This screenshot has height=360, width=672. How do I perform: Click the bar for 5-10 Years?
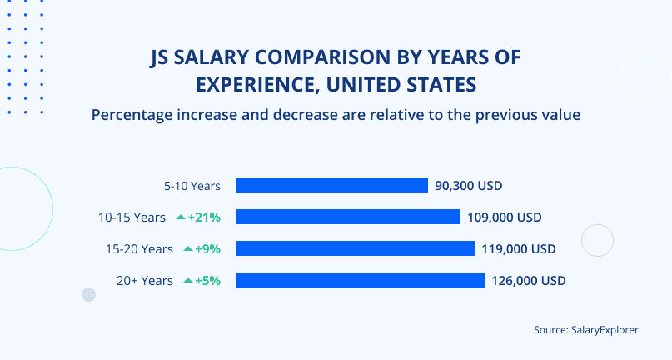(x=331, y=185)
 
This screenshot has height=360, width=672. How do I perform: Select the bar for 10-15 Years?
(x=348, y=217)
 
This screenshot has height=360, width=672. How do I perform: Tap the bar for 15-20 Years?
(x=355, y=248)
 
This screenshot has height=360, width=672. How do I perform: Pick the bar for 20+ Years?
(x=360, y=280)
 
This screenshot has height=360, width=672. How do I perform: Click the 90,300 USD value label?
(x=469, y=185)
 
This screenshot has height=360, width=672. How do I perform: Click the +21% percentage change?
(x=204, y=217)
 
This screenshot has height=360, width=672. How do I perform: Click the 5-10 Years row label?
(x=192, y=185)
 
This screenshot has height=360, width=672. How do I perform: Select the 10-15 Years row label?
(x=132, y=217)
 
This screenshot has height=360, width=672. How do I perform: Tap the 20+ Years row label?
(x=145, y=280)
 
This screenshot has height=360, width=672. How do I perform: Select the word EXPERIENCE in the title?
(x=254, y=84)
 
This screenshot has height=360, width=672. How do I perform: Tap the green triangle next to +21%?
(x=180, y=217)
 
